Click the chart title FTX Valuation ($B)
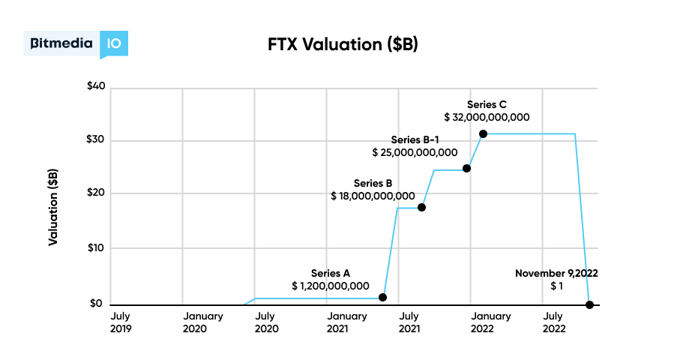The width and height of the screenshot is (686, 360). (343, 44)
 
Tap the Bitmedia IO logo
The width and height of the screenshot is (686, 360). (76, 44)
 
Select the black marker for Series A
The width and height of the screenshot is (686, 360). (383, 298)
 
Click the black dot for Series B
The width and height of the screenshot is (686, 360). (421, 207)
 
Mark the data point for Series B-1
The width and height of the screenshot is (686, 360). (466, 168)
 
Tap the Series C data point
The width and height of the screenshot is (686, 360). (483, 133)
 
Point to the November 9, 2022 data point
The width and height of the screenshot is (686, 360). (589, 304)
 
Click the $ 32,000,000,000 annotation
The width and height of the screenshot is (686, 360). (487, 118)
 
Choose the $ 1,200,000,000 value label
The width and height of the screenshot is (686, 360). (330, 286)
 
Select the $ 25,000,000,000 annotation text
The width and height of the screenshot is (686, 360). (415, 152)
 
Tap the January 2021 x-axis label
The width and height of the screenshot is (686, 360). (347, 322)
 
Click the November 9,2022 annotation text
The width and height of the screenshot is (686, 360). (556, 273)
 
